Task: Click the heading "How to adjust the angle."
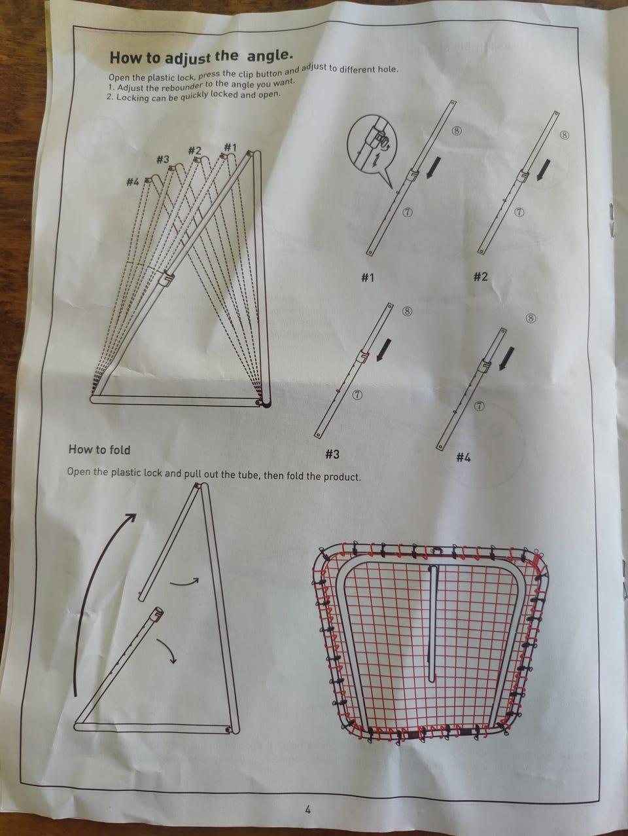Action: tap(201, 57)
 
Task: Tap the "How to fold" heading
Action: tap(99, 449)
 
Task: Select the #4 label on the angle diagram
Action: tap(132, 183)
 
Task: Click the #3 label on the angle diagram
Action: tap(163, 159)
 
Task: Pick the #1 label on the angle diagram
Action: tap(230, 147)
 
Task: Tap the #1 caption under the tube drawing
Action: tap(368, 278)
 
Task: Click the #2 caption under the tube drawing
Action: tap(480, 276)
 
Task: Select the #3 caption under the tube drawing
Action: tap(332, 454)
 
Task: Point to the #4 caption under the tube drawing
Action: tap(463, 458)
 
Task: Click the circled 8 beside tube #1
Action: tap(457, 131)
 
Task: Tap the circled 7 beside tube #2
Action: tap(519, 213)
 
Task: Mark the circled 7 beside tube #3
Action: tap(358, 395)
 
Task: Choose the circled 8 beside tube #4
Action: tap(531, 318)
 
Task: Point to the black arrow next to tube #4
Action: tap(506, 358)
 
